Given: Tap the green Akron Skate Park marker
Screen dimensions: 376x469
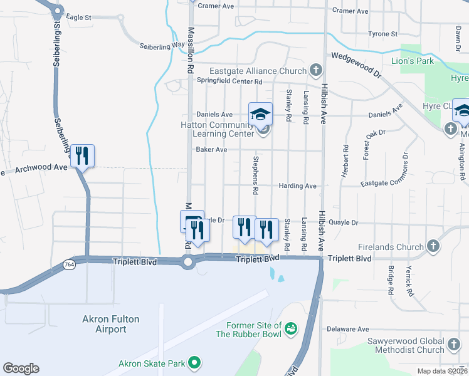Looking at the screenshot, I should click(x=194, y=362).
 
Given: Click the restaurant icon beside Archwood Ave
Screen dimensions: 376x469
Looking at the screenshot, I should click(x=82, y=155).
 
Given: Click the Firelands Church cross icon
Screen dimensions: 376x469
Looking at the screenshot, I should click(x=433, y=246).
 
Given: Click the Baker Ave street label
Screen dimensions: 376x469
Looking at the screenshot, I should click(x=210, y=150).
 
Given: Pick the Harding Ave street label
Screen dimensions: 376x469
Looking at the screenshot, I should click(x=298, y=186).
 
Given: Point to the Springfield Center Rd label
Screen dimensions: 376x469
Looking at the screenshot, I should click(x=229, y=81).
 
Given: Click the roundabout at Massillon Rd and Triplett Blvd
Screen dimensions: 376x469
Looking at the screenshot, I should click(x=187, y=263).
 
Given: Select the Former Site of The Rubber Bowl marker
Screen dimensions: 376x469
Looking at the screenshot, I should click(x=290, y=328).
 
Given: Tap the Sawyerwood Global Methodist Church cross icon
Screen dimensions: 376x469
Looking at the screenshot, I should click(x=453, y=344).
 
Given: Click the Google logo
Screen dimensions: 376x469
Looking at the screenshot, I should click(x=21, y=368).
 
